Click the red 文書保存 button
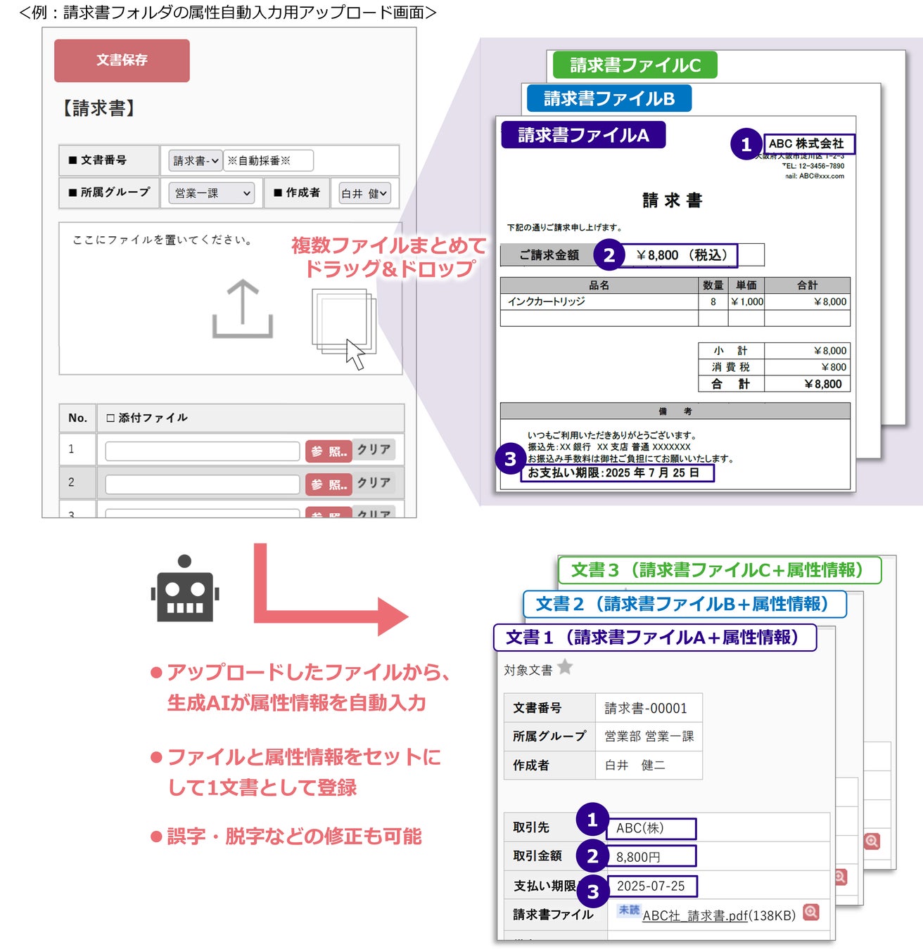tap(122, 60)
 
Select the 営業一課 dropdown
tap(211, 193)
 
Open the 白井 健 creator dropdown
tap(364, 193)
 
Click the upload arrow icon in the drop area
tap(243, 309)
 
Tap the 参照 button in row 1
tap(329, 451)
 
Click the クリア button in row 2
tap(374, 483)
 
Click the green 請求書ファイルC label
tap(635, 65)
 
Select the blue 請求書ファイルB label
tap(609, 98)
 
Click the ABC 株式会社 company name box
tap(809, 143)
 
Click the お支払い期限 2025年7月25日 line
tap(616, 473)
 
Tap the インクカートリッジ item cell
tap(547, 302)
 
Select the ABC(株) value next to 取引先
tap(651, 828)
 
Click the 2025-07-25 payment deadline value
tap(651, 886)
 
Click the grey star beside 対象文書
tap(565, 667)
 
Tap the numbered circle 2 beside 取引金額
tap(592, 856)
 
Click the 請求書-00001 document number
tap(646, 708)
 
